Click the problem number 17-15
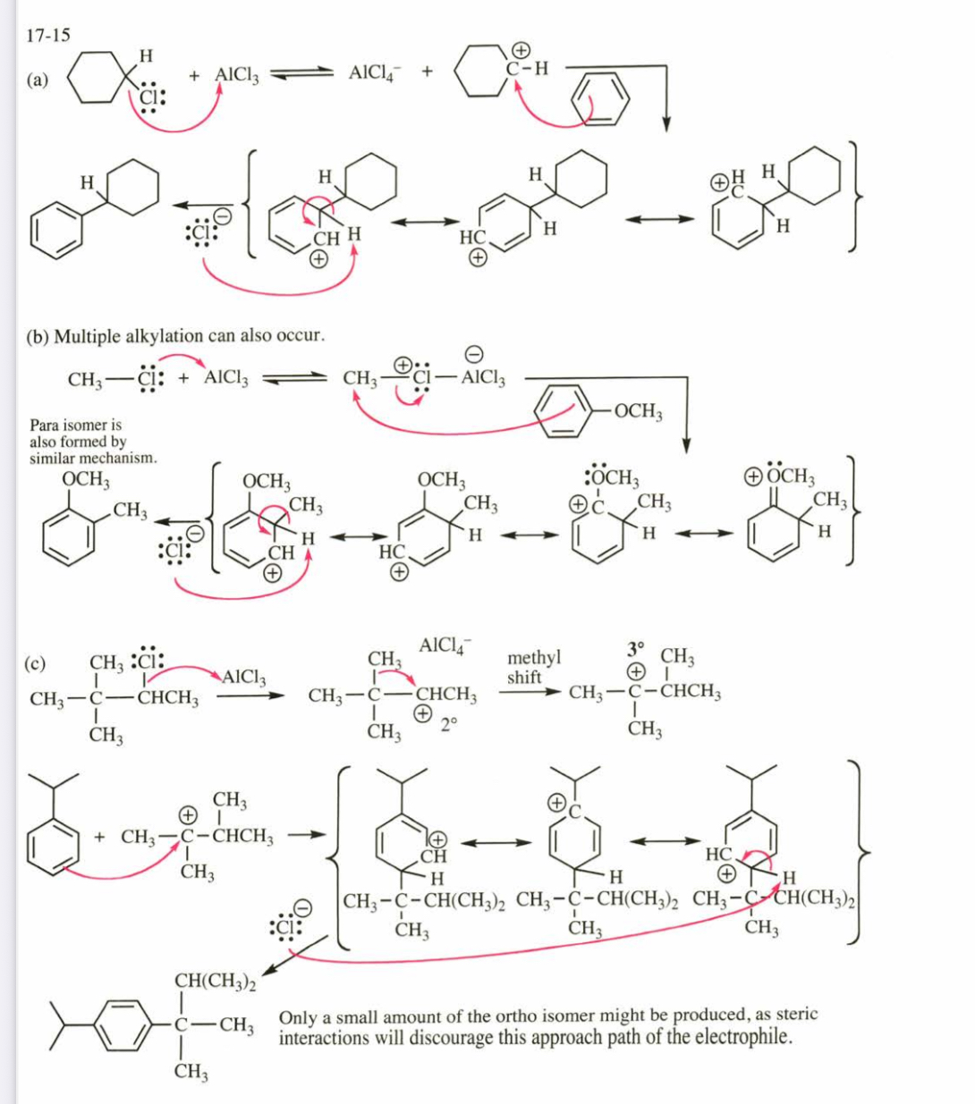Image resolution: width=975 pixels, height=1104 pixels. click(x=48, y=36)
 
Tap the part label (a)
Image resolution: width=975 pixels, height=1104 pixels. click(x=38, y=80)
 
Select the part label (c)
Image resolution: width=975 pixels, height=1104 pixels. click(x=35, y=665)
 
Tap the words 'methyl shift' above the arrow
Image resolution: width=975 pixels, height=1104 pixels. click(x=533, y=668)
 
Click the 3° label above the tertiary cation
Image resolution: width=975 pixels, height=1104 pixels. click(x=635, y=647)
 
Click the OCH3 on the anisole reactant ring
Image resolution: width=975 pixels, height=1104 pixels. click(x=638, y=411)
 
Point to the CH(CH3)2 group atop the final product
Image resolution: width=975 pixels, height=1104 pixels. click(x=214, y=982)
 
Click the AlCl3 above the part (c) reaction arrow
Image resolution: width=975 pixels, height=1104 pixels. click(x=243, y=678)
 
